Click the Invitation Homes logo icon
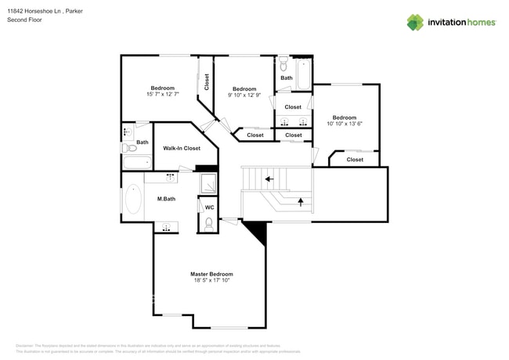415,22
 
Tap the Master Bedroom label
211,274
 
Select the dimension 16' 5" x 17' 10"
211,280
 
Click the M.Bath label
164,199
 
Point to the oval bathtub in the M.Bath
133,199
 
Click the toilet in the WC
208,223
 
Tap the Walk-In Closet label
181,148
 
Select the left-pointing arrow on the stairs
269,179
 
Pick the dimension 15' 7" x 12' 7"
162,94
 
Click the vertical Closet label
207,82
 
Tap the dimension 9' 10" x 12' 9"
244,95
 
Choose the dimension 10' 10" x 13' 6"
344,124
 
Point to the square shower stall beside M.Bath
209,183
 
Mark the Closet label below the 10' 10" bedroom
355,160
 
